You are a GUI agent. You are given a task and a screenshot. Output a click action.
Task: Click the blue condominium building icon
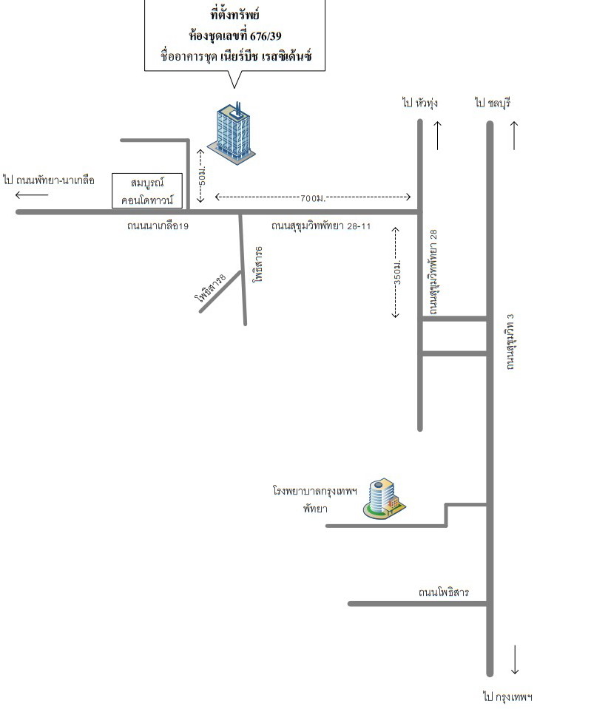[x=232, y=133]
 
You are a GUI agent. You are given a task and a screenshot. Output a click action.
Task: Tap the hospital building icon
[x=384, y=498]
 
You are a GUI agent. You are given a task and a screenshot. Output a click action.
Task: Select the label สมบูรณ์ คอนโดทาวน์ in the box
[x=147, y=191]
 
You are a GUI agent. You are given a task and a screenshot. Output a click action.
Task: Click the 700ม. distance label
[x=313, y=197]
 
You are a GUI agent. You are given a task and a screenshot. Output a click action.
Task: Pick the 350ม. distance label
[x=397, y=272]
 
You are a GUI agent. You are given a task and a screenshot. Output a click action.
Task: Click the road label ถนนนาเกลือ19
[x=158, y=225]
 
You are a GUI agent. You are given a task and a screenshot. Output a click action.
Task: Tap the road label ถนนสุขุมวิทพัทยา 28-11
[x=321, y=225]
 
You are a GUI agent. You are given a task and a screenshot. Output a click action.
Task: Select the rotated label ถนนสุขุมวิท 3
[x=510, y=342]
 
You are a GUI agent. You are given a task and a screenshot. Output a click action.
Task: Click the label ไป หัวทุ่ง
[x=420, y=103]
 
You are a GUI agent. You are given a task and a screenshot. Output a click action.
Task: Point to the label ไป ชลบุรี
[x=493, y=103]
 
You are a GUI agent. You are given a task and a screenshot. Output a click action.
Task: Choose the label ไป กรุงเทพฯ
[x=507, y=696]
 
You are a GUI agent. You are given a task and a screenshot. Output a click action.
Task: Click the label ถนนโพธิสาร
[x=444, y=592]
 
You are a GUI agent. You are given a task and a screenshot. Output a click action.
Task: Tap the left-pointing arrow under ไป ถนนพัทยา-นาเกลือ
[x=32, y=195]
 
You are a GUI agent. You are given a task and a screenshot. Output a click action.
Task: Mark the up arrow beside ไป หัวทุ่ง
[x=438, y=135]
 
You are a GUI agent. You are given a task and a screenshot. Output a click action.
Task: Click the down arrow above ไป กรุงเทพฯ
[x=515, y=659]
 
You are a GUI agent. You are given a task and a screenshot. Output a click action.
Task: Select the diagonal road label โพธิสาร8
[x=211, y=288]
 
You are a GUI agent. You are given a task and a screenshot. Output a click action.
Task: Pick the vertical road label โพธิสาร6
[x=258, y=265]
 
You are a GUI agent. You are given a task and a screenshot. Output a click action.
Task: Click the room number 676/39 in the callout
[x=266, y=35]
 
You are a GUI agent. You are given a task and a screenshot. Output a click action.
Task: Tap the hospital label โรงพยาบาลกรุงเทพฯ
[x=315, y=491]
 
